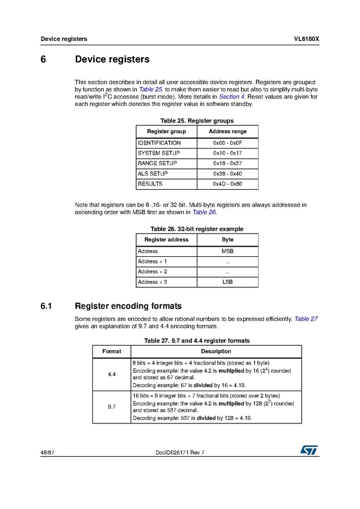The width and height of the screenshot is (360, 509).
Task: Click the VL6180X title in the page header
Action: click(x=306, y=39)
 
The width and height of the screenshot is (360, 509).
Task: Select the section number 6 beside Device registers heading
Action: click(x=43, y=60)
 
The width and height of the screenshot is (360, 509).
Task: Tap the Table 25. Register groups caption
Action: click(x=197, y=121)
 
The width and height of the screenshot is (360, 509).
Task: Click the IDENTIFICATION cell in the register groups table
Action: click(x=159, y=143)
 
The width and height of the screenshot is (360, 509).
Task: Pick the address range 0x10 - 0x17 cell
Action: click(x=227, y=153)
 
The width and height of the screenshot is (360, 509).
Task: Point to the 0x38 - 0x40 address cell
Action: click(x=227, y=173)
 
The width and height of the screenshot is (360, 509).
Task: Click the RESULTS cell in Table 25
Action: click(x=150, y=184)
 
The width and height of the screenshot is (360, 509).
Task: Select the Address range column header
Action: click(x=227, y=132)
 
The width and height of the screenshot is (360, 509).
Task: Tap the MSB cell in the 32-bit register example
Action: click(x=227, y=251)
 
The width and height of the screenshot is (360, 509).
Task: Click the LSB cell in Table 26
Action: click(x=227, y=282)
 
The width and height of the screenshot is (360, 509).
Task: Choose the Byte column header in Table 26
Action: click(x=227, y=240)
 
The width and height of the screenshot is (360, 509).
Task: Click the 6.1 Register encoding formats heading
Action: click(x=128, y=306)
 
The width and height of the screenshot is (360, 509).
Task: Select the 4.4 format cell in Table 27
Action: click(x=112, y=375)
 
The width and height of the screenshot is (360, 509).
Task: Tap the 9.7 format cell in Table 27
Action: click(x=112, y=406)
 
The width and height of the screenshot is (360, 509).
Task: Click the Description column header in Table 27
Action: click(x=216, y=351)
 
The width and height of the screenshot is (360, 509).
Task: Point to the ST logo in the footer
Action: click(x=310, y=449)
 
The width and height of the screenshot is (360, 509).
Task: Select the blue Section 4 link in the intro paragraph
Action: click(x=232, y=97)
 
